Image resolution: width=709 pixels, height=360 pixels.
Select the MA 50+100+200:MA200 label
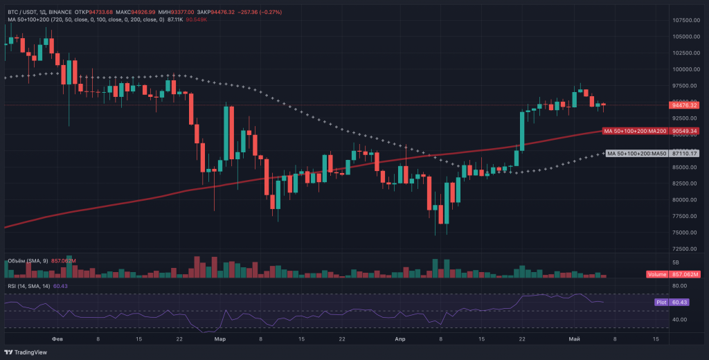[636, 131]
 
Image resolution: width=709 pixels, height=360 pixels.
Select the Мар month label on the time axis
[220, 339]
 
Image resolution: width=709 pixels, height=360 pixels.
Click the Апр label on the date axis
[400, 339]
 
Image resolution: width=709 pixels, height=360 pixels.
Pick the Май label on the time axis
[573, 339]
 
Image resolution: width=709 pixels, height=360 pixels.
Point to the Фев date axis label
[58, 339]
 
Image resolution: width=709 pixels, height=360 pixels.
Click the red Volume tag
[656, 275]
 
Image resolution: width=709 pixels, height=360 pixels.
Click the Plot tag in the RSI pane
[661, 302]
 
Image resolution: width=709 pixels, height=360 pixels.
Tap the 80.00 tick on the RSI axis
[681, 285]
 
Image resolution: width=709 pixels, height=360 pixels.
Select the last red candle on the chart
[604, 105]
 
